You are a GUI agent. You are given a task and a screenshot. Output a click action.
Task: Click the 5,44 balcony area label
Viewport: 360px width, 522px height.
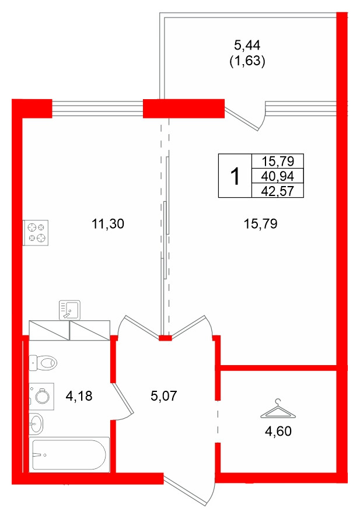coord(247,45)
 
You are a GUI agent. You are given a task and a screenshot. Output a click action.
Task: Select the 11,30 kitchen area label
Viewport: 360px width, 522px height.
coord(108,224)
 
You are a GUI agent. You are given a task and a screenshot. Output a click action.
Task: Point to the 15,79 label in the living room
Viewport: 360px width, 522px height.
coord(260,224)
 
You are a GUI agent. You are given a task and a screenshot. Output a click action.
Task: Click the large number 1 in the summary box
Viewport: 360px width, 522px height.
coord(235,176)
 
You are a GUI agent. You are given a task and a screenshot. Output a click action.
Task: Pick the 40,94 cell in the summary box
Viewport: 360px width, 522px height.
coord(277,176)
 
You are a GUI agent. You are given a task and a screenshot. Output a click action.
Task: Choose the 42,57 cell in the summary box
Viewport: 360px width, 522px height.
coord(277,191)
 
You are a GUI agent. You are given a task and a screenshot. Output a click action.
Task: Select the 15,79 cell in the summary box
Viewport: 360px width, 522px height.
coord(277,162)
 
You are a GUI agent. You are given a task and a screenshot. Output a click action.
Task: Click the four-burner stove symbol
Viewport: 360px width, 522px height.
coord(36,233)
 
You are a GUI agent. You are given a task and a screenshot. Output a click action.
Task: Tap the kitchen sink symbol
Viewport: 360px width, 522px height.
coord(69,310)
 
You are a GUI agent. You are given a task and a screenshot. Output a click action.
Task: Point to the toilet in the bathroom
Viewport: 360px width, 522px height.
coord(43,363)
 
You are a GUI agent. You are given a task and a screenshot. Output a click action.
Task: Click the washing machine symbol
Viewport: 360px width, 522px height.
coord(41,396)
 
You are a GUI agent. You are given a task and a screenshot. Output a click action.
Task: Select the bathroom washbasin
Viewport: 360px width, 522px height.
coord(36,424)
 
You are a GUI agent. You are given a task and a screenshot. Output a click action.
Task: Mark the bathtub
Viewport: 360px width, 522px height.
coord(69,454)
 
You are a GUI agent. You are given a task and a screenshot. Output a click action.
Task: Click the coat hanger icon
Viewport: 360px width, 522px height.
coord(278,409)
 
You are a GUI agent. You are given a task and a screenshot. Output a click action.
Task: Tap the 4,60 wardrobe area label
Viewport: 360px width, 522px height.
coord(278,432)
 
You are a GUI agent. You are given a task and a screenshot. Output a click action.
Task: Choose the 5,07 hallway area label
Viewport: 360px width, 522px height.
coord(164,396)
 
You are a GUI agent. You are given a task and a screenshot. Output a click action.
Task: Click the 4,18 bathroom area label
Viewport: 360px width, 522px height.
coord(79,396)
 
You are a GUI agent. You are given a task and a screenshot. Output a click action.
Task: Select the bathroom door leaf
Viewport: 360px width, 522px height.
coord(123,399)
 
